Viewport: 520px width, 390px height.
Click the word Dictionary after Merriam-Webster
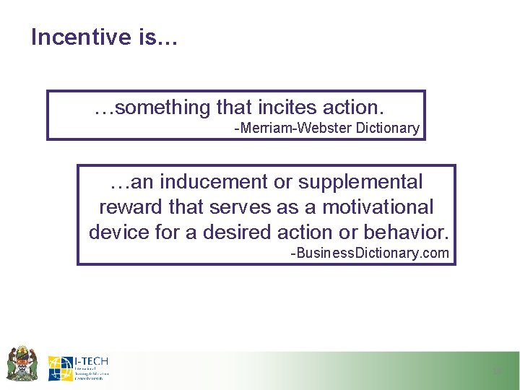(x=389, y=129)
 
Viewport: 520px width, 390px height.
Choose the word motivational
(x=378, y=207)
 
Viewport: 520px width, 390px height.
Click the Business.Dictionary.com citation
(x=369, y=253)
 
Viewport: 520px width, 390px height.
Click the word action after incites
(x=354, y=108)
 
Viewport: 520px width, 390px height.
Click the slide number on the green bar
(x=497, y=371)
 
